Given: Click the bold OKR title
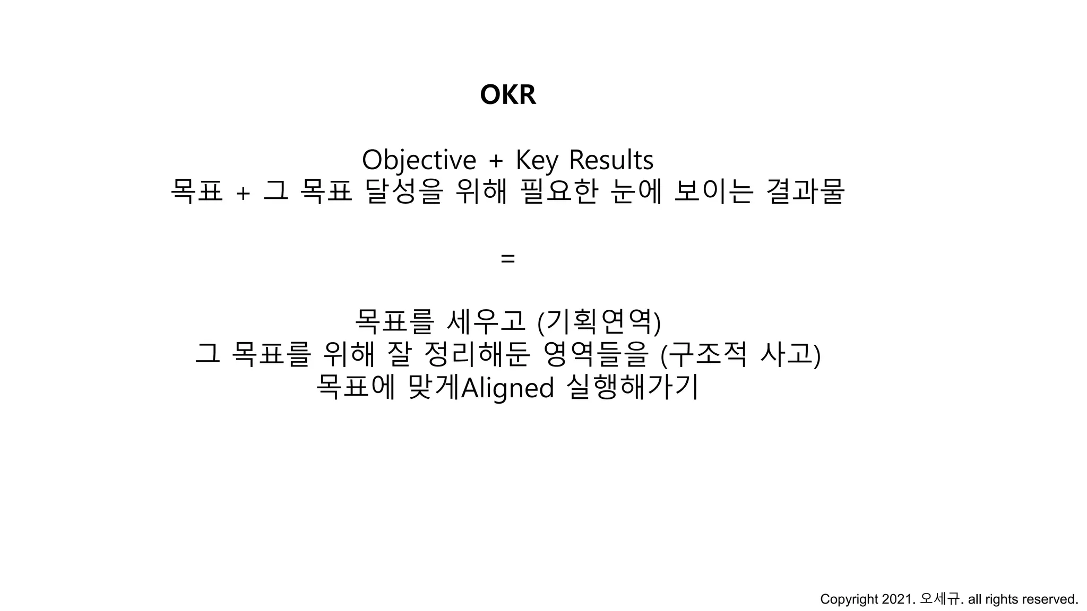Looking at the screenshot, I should (508, 95).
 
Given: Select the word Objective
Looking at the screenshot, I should (419, 160).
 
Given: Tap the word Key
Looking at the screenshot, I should (537, 160).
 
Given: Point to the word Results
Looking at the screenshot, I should (611, 160).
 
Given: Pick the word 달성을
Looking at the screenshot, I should (404, 191).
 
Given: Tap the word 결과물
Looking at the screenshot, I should (806, 191).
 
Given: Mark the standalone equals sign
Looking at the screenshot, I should (508, 259).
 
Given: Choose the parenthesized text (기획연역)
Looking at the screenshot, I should (599, 322).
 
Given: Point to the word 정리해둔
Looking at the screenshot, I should (477, 354).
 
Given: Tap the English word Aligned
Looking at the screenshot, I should (508, 388).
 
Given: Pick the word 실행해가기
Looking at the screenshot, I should (633, 387).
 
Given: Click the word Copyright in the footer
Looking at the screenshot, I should (849, 599).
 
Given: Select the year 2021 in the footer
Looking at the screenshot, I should (899, 599).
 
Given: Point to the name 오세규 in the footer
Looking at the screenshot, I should (940, 599).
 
